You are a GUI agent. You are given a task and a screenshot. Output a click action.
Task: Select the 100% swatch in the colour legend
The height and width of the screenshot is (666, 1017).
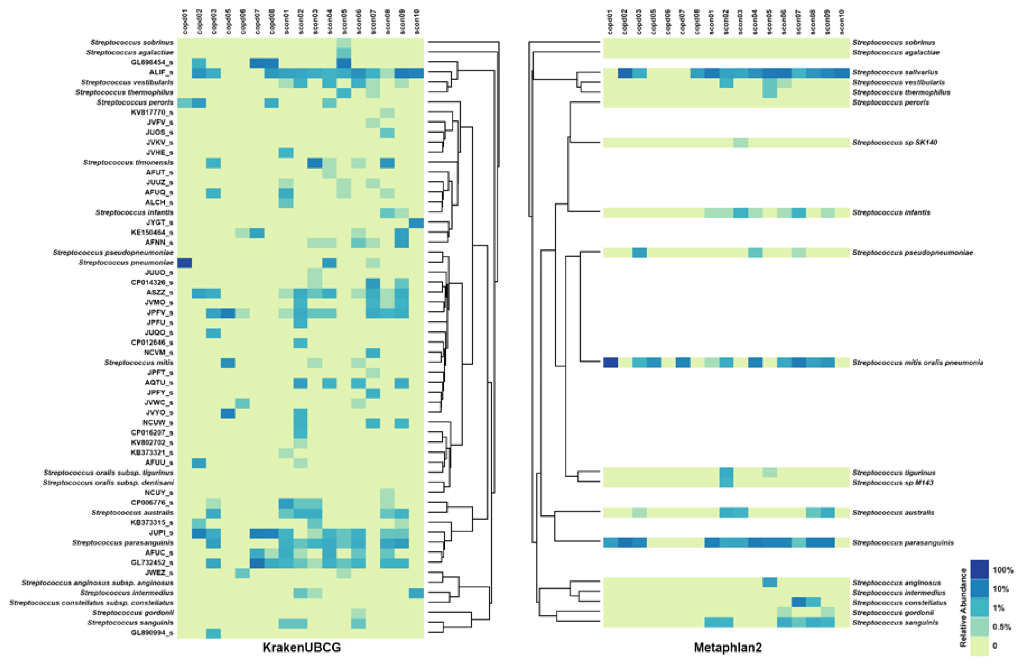point(979,569)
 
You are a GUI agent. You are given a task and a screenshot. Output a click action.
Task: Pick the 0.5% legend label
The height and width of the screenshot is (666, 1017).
point(1002,627)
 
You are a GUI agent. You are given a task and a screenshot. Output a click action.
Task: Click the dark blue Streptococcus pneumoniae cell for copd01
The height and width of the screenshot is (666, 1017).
point(184,263)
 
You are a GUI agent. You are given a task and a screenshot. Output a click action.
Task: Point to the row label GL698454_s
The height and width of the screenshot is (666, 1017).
point(152,62)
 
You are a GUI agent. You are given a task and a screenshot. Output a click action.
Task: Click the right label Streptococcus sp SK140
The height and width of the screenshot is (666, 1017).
point(895,142)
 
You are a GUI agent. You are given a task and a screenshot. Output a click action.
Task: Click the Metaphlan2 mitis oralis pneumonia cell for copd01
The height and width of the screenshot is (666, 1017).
point(610,362)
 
